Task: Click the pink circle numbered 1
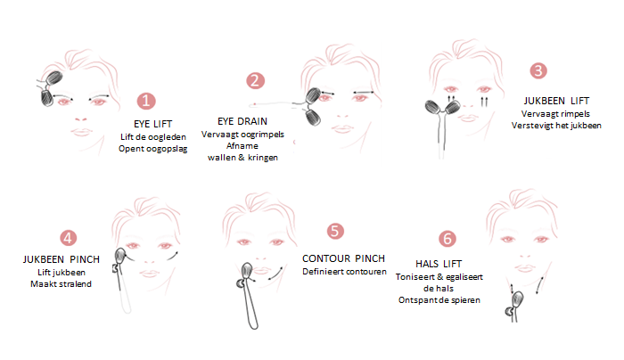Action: [146, 101]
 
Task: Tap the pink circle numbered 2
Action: [255, 81]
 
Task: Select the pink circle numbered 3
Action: [538, 70]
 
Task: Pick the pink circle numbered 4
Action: [68, 238]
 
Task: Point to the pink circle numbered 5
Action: [335, 231]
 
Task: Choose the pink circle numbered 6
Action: [447, 239]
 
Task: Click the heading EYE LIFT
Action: [152, 124]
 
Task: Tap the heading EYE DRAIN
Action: [242, 121]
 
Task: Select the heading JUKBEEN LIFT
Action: [556, 101]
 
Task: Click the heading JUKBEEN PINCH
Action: [62, 259]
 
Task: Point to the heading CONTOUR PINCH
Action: [343, 258]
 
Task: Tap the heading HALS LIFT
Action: [439, 264]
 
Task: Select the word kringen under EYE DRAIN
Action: [263, 158]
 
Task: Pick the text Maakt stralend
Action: [61, 284]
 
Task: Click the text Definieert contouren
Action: [344, 272]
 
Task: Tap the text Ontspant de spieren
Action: [439, 300]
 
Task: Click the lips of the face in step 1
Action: [82, 132]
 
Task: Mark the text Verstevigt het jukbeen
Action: [556, 126]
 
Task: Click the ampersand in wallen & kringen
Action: [242, 158]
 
